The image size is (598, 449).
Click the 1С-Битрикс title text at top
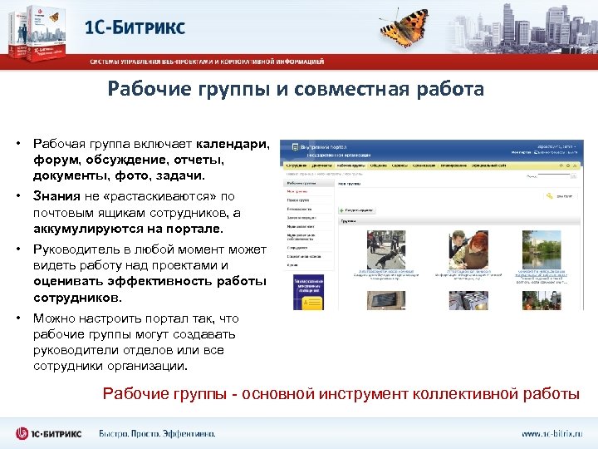(135, 27)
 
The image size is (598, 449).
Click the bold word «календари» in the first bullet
(233, 144)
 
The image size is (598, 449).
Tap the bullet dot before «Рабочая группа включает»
(17, 144)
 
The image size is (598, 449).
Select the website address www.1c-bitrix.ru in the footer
(552, 433)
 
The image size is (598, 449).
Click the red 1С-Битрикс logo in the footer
(50, 433)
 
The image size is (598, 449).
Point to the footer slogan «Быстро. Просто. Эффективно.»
(157, 433)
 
